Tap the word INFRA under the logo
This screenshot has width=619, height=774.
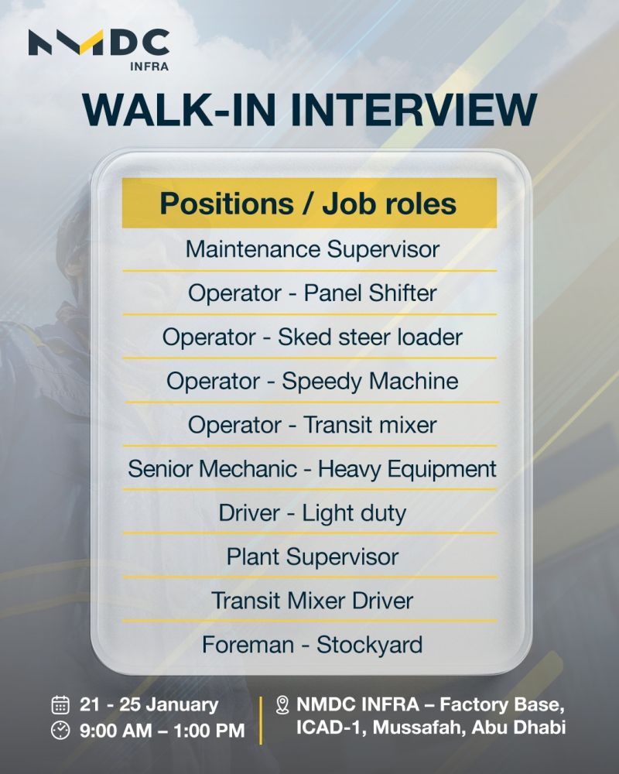[149, 66]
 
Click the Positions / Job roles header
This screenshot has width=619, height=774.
[309, 204]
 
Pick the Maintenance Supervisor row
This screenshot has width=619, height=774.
[312, 249]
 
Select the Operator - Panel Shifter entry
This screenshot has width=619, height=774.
[312, 293]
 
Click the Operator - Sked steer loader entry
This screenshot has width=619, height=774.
[312, 337]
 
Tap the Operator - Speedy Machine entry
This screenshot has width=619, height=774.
[312, 382]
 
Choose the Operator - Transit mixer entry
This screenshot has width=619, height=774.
[312, 425]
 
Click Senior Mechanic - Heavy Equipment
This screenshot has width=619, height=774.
[312, 470]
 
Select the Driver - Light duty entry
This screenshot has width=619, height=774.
[312, 513]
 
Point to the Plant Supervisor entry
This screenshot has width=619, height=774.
[312, 557]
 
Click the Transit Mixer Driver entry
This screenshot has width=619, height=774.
[312, 601]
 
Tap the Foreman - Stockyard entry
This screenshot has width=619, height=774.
[312, 645]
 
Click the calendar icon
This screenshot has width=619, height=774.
[60, 705]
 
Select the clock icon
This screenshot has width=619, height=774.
[60, 730]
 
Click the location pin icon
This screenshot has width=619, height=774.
[282, 705]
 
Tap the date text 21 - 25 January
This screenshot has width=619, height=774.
[149, 704]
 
